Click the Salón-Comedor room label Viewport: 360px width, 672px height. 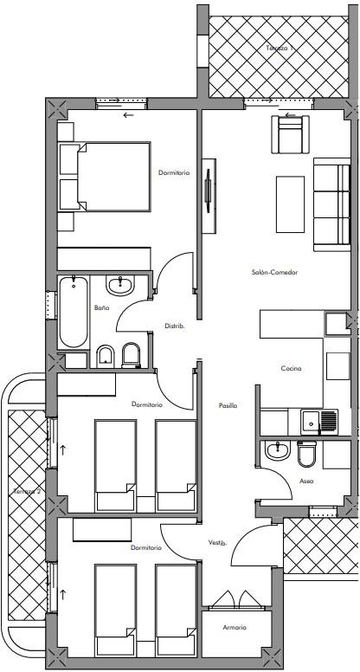pyautogui.click(x=274, y=272)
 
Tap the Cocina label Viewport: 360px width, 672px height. pyautogui.click(x=291, y=368)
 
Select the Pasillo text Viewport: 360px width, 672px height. pyautogui.click(x=228, y=405)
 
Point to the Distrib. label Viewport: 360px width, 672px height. pyautogui.click(x=175, y=326)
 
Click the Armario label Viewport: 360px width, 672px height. pyautogui.click(x=235, y=628)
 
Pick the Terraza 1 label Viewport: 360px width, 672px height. pyautogui.click(x=280, y=48)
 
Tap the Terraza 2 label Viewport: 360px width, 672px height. pyautogui.click(x=27, y=491)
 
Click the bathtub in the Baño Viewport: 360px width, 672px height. pyautogui.click(x=74, y=312)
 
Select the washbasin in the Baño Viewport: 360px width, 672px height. pyautogui.click(x=120, y=285)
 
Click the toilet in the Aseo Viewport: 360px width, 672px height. pyautogui.click(x=306, y=454)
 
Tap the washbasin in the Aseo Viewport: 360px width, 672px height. pyautogui.click(x=279, y=450)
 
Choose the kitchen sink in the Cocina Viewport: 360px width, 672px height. pyautogui.click(x=319, y=422)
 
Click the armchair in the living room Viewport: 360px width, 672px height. pyautogui.click(x=290, y=134)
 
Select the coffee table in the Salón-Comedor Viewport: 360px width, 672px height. pyautogui.click(x=290, y=204)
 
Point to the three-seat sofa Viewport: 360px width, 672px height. pyautogui.click(x=332, y=204)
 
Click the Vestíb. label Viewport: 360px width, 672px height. pyautogui.click(x=217, y=543)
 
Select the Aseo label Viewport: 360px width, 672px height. pyautogui.click(x=307, y=481)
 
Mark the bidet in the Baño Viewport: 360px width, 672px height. pyautogui.click(x=105, y=356)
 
